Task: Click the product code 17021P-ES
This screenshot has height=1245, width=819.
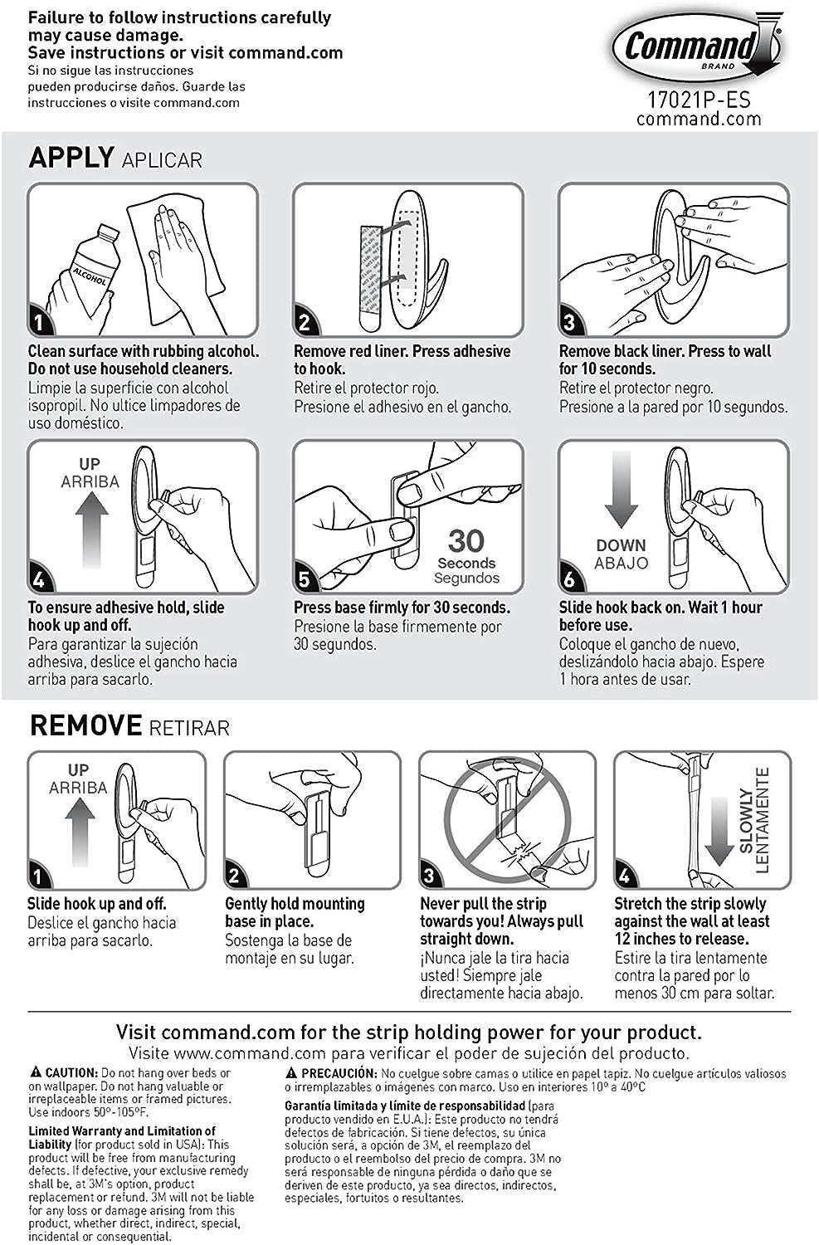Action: (x=698, y=100)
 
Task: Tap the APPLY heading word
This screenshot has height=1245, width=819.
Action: (x=71, y=157)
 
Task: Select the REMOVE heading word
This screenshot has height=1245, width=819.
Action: (x=85, y=725)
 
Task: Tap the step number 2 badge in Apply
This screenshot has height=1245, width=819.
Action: (x=305, y=321)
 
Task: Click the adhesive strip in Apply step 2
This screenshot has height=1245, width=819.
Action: (x=368, y=275)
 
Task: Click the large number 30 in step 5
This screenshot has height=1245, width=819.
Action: (x=466, y=541)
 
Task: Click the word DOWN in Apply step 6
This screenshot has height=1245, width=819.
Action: (x=621, y=545)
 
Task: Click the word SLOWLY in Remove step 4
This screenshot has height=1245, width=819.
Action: (x=746, y=822)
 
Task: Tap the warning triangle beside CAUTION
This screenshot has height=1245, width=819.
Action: (x=35, y=1072)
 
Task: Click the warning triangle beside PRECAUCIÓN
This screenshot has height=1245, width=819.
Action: (x=291, y=1072)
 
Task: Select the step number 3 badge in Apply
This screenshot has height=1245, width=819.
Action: (x=570, y=321)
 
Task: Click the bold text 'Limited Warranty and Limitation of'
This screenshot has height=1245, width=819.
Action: (x=122, y=1130)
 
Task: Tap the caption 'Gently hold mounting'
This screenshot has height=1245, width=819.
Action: (x=295, y=903)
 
